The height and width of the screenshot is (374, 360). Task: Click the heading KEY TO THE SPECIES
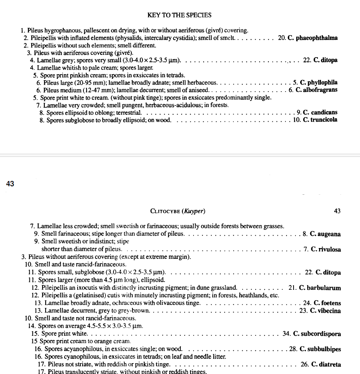point(179,15)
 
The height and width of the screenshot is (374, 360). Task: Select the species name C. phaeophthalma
point(313,38)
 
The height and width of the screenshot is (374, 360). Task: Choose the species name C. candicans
point(320,112)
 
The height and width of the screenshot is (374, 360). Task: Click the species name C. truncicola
point(320,120)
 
